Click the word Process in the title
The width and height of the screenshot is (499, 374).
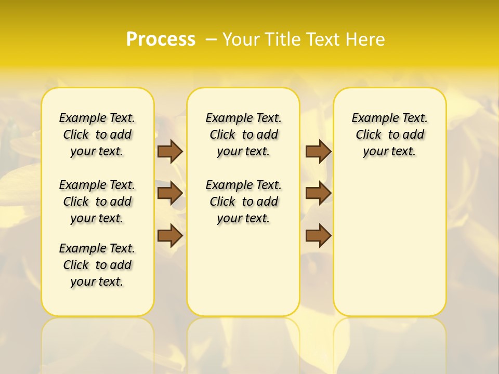pyautogui.click(x=161, y=39)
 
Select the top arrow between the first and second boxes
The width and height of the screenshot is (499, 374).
pyautogui.click(x=170, y=151)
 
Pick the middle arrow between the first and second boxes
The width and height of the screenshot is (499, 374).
pyautogui.click(x=170, y=193)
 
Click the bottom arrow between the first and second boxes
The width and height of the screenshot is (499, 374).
pyautogui.click(x=170, y=235)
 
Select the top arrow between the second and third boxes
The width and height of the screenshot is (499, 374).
pyautogui.click(x=318, y=151)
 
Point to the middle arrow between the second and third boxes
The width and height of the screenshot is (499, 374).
pyautogui.click(x=318, y=193)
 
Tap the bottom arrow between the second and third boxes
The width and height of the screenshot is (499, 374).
pyautogui.click(x=318, y=235)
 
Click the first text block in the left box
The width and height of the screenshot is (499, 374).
pyautogui.click(x=97, y=135)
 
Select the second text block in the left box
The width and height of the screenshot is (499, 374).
pyautogui.click(x=97, y=202)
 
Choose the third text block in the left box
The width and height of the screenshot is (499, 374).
pyautogui.click(x=97, y=265)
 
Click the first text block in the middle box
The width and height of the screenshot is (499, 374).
pyautogui.click(x=243, y=135)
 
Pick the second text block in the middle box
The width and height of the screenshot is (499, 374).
pyautogui.click(x=243, y=202)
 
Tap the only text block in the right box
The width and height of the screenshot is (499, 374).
pyautogui.click(x=390, y=135)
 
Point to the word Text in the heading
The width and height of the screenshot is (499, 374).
pyautogui.click(x=325, y=39)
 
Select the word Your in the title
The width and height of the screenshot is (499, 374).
pyautogui.click(x=241, y=39)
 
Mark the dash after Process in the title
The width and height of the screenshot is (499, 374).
pyautogui.click(x=212, y=39)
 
